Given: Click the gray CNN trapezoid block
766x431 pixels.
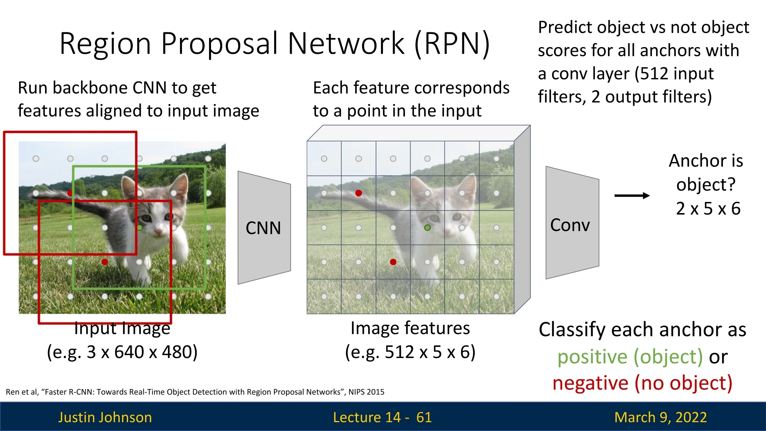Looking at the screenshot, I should pos(264,227).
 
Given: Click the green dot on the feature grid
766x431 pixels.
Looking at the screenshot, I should pos(427,227).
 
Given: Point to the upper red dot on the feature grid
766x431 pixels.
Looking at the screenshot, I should pos(359,193).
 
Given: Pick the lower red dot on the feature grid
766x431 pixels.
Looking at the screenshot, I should pos(393,262).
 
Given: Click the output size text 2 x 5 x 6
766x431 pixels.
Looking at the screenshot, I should pos(708,209).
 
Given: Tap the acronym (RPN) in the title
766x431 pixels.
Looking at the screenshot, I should pos(452,43).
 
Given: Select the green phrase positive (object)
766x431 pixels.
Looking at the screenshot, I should pos(630,356).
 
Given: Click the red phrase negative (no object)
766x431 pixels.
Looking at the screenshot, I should pos(642,383).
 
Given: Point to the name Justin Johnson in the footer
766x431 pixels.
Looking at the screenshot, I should pos(105,417).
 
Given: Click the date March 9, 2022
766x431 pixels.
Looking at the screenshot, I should pos(660,417).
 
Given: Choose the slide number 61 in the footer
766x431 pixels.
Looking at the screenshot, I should pos(424,417).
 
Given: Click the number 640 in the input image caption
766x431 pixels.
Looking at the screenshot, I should pos(129,352).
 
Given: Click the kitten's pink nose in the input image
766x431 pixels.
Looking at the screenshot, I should pos(158,231).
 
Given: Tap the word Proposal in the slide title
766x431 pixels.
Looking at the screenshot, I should pos(220,43).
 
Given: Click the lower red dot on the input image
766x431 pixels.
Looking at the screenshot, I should pos(105,262).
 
